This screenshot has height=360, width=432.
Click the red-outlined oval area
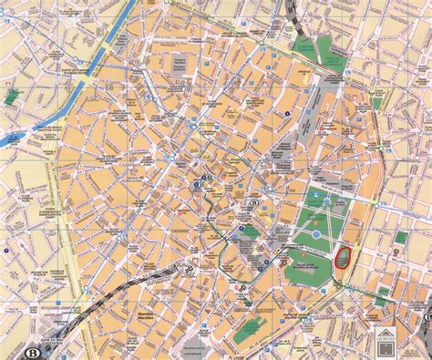(344, 258)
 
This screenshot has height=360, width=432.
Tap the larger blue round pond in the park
(314, 234)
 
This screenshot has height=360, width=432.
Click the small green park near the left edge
(13, 96)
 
